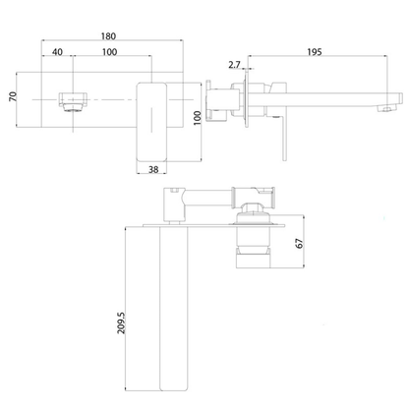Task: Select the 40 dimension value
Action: click(x=58, y=51)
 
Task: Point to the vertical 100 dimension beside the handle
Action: click(x=196, y=118)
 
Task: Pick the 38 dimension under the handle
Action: click(x=153, y=170)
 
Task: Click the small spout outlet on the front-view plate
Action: click(x=71, y=99)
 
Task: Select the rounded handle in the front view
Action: click(x=154, y=117)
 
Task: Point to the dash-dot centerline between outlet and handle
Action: click(x=113, y=100)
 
